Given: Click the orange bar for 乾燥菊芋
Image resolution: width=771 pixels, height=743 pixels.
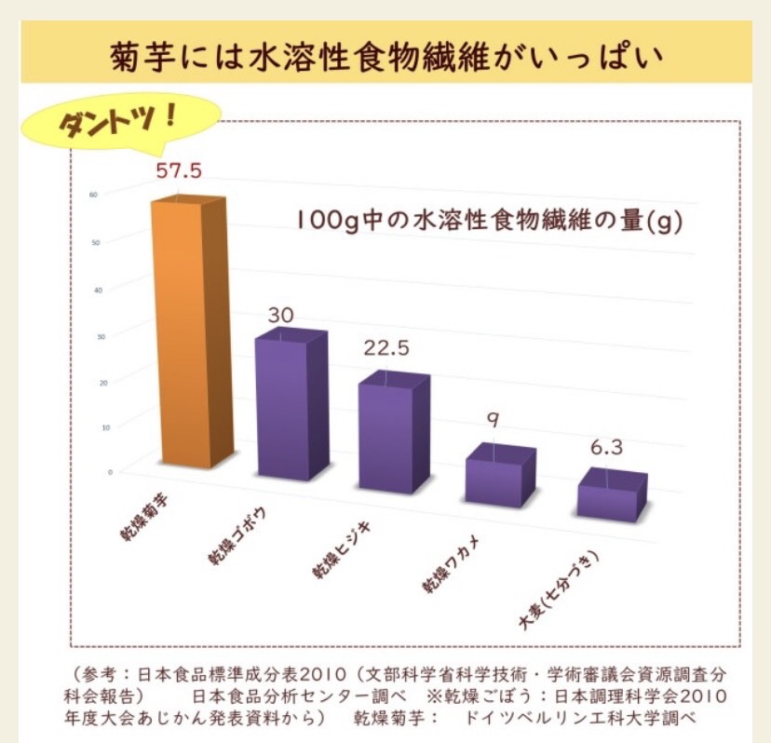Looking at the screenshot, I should coord(189,335).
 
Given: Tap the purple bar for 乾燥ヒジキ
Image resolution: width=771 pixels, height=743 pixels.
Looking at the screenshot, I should coord(394,428).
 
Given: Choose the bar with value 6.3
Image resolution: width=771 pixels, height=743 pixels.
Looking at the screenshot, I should coord(611,493).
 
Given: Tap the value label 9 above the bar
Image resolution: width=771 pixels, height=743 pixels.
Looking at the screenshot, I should coord(494,420).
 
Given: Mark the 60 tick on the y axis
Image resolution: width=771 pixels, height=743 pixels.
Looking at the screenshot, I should coord(94,194).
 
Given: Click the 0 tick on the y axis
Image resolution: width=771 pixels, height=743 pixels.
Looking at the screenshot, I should coord(109,472).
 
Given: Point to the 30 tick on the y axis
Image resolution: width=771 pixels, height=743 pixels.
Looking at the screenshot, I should coord(101,335).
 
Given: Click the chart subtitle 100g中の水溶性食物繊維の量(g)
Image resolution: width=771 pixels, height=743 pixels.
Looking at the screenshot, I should coord(485,223).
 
